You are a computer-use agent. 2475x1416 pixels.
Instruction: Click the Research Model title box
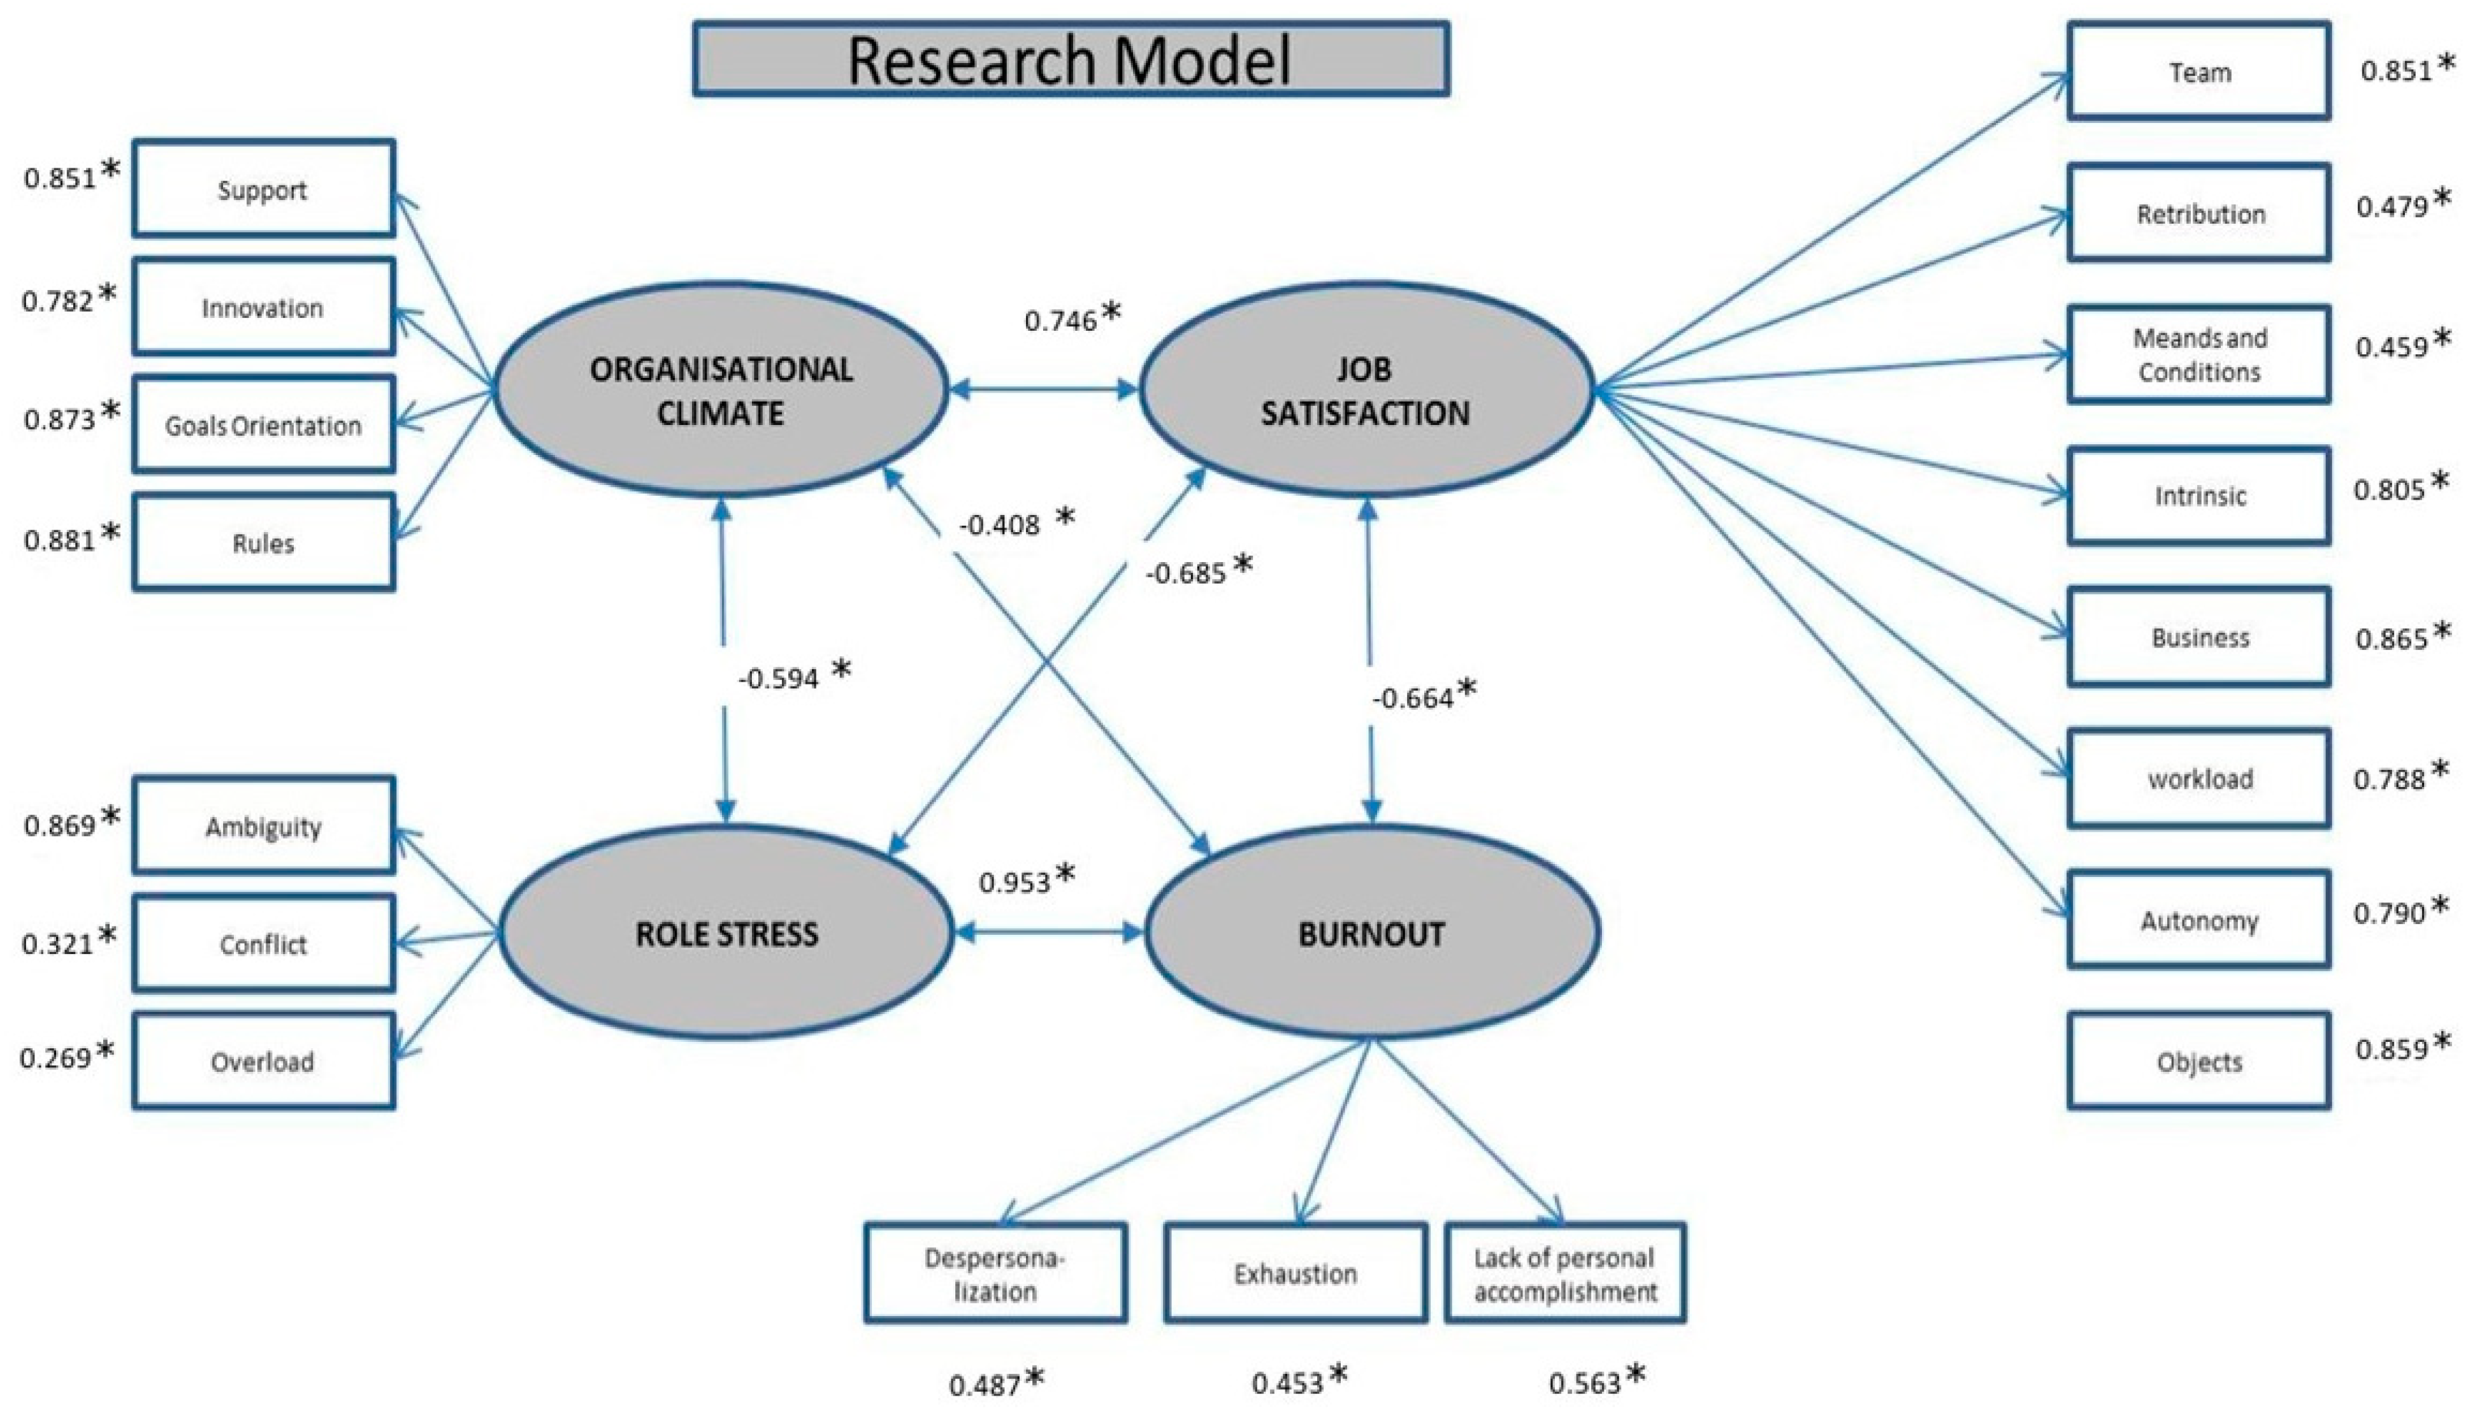(1070, 59)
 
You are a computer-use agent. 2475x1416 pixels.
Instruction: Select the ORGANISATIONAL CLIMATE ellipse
(721, 390)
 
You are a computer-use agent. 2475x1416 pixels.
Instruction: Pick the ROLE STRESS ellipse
(726, 934)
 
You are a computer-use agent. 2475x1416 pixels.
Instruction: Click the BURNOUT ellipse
(1371, 934)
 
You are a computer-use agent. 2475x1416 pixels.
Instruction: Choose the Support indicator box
(263, 189)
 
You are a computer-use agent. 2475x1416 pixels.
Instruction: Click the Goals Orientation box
(263, 425)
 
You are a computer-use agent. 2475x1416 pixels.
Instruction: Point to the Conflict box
(263, 943)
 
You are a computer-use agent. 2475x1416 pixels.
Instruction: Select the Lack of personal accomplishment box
(1565, 1273)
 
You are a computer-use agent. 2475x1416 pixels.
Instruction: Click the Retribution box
(2199, 213)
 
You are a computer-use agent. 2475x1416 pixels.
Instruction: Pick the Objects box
(2199, 1061)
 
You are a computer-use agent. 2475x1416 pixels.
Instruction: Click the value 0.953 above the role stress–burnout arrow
(1014, 882)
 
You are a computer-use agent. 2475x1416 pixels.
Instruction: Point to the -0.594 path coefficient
(779, 678)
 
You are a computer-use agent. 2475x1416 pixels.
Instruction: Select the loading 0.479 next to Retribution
(2392, 206)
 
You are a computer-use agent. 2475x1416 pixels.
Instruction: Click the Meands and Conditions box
(2199, 355)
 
